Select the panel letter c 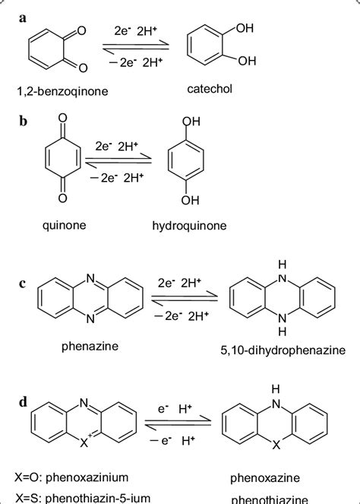[24, 287]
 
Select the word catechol [210, 90]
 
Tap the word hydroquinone [189, 226]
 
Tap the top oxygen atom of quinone [62, 119]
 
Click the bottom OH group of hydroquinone [191, 200]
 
